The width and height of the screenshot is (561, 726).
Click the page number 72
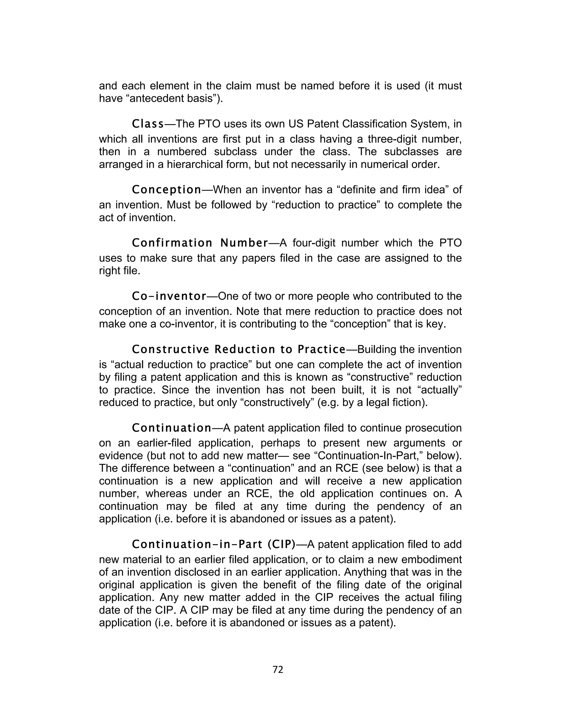tap(278, 670)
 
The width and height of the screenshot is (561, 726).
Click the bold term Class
tap(148, 124)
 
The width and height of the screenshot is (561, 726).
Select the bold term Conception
tap(167, 190)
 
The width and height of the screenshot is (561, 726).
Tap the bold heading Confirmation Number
tap(200, 243)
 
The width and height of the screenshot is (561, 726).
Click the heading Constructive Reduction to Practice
tap(239, 349)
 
